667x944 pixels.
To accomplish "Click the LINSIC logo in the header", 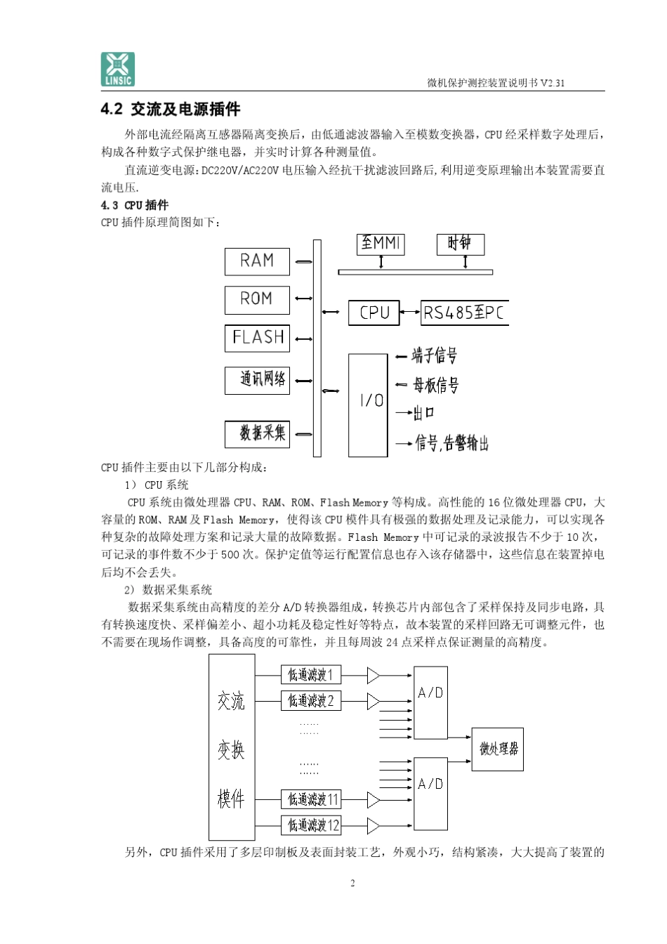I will tap(117, 69).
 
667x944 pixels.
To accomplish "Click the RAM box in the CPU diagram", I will tap(257, 261).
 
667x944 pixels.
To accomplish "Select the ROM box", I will tap(257, 299).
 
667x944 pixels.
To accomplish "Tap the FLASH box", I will tap(257, 338).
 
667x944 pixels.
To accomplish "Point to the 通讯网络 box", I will tap(257, 380).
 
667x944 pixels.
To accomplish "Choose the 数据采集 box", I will tap(257, 433).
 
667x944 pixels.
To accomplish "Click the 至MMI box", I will tap(381, 244).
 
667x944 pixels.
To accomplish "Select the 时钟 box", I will tap(460, 244).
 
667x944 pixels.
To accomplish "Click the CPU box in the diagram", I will tap(374, 313).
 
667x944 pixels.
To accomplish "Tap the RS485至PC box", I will tap(464, 313).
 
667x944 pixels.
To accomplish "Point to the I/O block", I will tap(369, 405).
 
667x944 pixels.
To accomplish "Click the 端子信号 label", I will tap(435, 356).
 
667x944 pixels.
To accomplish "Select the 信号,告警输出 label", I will tap(451, 443).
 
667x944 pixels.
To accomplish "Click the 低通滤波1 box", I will tap(310, 675).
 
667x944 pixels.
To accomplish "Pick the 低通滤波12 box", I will tap(310, 825).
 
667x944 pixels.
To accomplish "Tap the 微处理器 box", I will tap(497, 749).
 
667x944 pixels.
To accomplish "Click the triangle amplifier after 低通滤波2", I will tap(373, 701).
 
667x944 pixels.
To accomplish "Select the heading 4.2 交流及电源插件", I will tap(171, 110).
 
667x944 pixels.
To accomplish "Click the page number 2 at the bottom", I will tap(352, 883).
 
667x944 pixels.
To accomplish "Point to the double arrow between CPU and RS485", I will tap(410, 313).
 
